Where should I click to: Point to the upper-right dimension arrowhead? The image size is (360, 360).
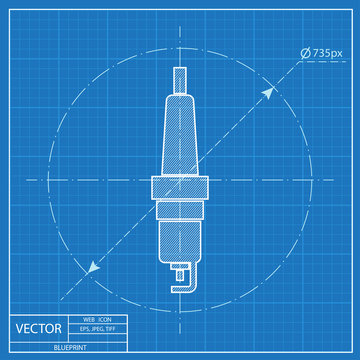269,90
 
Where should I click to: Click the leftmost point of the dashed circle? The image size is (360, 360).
43,181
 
